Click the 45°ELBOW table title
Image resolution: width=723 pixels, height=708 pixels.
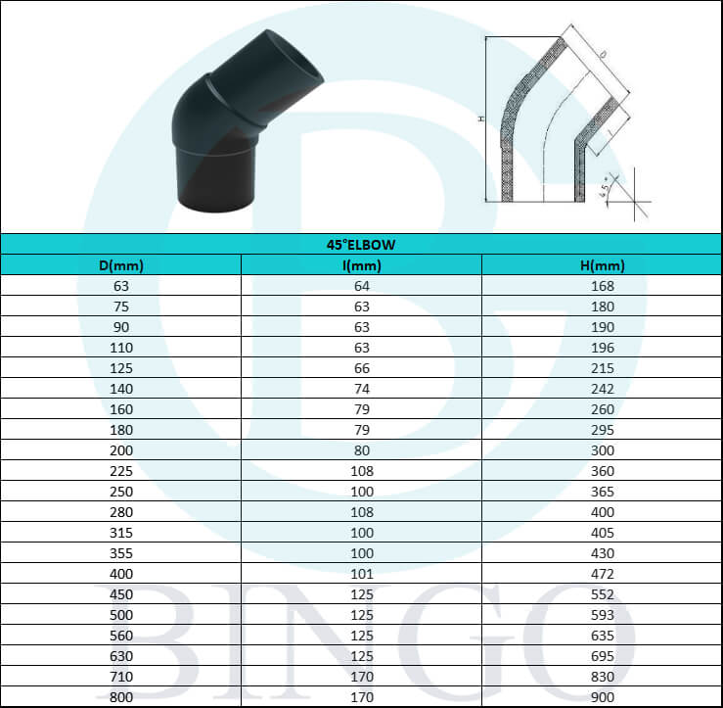[x=361, y=244]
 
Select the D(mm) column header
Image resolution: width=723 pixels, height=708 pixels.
[x=121, y=264]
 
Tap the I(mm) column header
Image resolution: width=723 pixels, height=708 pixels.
[x=361, y=264]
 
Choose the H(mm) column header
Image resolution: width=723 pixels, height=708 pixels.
[x=602, y=264]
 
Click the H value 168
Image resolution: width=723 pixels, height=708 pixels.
[x=602, y=286]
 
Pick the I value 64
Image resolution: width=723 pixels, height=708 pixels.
[x=361, y=286]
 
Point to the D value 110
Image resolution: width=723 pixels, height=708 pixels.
[x=121, y=348]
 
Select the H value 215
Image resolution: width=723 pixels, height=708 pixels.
[x=602, y=368]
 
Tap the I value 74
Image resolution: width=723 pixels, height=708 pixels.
[x=361, y=388]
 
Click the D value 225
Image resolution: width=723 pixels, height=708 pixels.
[x=121, y=470]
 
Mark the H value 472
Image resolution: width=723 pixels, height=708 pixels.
[x=602, y=573]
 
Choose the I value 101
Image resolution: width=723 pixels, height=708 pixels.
[x=361, y=573]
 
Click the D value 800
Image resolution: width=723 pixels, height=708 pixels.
[x=121, y=696]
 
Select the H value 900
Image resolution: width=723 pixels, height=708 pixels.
[x=602, y=696]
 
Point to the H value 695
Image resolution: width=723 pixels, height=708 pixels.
[x=602, y=655]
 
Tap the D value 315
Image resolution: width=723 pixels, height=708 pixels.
[x=121, y=532]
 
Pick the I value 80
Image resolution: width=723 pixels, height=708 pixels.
[x=361, y=449]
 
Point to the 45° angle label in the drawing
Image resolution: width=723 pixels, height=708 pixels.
[x=608, y=185]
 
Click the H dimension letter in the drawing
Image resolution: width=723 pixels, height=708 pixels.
[x=481, y=119]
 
